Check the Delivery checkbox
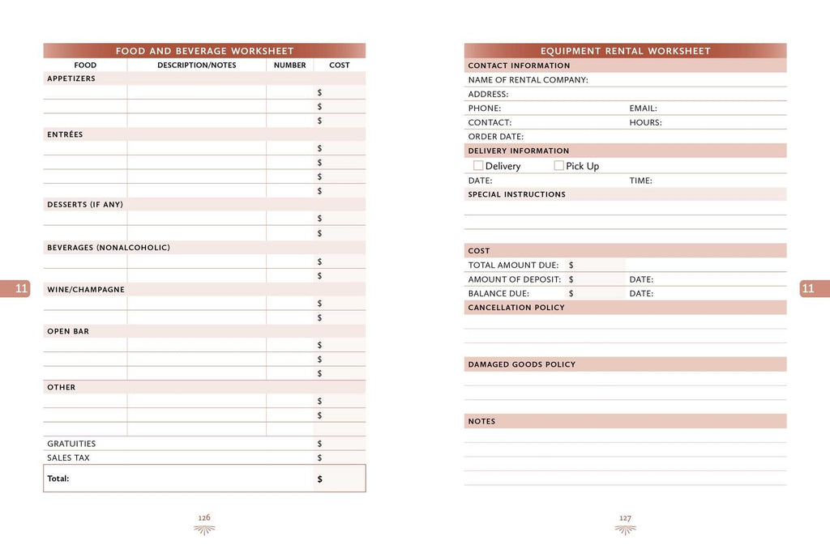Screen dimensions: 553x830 click(x=478, y=165)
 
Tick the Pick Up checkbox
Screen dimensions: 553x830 click(x=558, y=165)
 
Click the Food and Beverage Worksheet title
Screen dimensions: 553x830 click(x=204, y=51)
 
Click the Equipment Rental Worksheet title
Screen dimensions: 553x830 click(x=625, y=51)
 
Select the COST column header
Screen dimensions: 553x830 click(x=340, y=65)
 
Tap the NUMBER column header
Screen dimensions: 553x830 click(x=289, y=65)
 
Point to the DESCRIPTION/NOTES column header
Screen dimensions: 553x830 click(x=197, y=65)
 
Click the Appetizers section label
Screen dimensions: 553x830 click(x=71, y=79)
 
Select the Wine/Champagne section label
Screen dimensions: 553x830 click(x=86, y=289)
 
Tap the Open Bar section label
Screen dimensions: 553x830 click(x=68, y=331)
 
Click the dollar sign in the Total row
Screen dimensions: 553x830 click(x=319, y=479)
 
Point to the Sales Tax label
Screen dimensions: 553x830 click(x=68, y=457)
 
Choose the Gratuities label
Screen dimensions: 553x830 click(x=71, y=444)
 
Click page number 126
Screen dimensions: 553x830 click(x=204, y=517)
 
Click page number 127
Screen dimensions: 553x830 click(x=625, y=518)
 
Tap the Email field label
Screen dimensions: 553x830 click(x=643, y=108)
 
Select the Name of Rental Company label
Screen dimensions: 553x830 click(x=528, y=80)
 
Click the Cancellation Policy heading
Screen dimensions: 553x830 click(x=516, y=308)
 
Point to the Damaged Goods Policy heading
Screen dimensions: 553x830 click(x=521, y=364)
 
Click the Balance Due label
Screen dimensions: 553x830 click(x=498, y=293)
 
